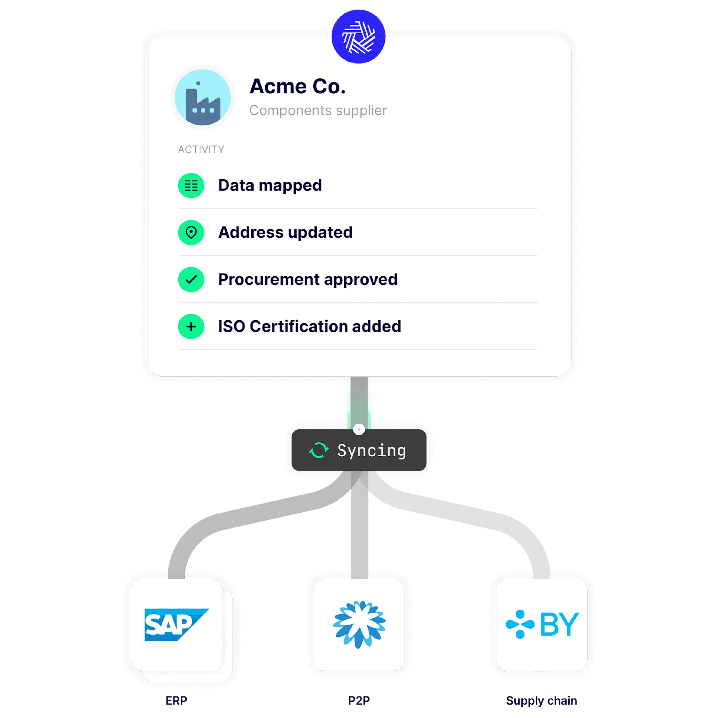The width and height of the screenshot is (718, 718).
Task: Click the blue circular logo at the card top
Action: pos(358,36)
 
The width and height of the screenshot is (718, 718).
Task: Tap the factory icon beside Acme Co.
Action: pos(202,97)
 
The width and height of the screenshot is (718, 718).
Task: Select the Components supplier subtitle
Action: pos(318,110)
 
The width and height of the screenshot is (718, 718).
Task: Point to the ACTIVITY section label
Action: pos(201,149)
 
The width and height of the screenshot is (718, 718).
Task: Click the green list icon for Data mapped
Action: pos(191,185)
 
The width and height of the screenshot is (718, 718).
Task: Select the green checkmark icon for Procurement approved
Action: pos(191,280)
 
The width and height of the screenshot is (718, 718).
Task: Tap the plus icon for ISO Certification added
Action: pos(191,327)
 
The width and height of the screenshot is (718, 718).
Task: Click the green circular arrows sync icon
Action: pos(319,450)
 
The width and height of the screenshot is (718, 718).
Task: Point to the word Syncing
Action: pos(371,450)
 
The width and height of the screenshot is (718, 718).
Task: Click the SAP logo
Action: pos(176,624)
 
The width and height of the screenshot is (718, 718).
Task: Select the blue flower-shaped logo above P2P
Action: pos(359,624)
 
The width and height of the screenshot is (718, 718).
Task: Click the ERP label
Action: pos(176,701)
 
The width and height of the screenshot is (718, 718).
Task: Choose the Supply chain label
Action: pos(541,701)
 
